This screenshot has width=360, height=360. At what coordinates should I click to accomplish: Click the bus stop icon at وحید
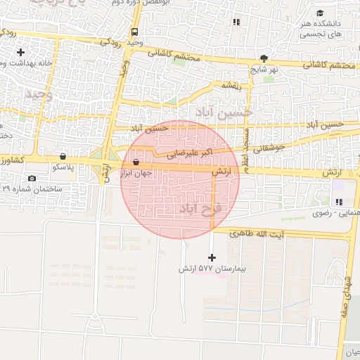tap(134, 32)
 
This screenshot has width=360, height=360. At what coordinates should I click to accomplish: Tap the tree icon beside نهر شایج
tap(264, 58)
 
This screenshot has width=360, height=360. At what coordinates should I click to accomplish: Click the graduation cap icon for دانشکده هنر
tap(321, 13)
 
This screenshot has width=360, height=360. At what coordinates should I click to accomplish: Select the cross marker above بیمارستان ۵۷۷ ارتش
tap(212, 258)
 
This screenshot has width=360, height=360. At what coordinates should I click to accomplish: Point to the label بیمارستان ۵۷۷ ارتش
tap(205, 269)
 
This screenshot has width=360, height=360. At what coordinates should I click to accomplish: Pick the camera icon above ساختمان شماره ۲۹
tap(32, 178)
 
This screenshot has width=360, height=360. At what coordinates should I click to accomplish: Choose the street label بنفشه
tap(232, 85)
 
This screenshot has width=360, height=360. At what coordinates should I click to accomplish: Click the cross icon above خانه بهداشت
tap(20, 52)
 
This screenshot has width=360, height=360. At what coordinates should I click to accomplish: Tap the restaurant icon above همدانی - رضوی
tap(339, 202)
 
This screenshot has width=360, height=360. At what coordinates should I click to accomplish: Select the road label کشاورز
tap(13, 160)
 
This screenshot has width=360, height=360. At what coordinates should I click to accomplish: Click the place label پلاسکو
tap(65, 168)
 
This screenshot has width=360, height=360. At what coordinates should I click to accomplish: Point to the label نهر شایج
tap(265, 70)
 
